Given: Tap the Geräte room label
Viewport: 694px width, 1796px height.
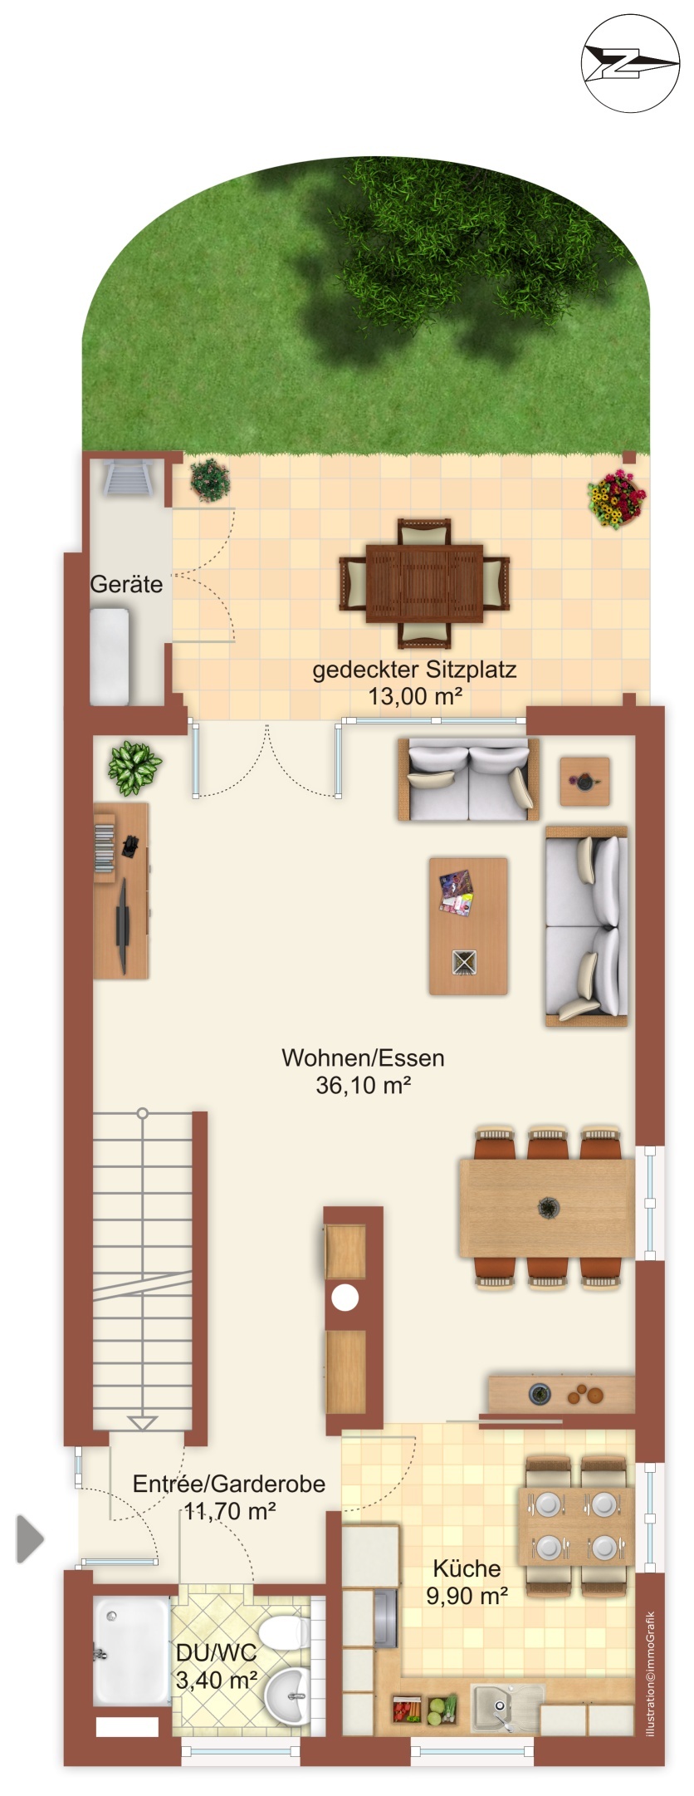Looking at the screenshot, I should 126,584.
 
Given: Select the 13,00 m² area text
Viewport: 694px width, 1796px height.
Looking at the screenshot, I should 415,696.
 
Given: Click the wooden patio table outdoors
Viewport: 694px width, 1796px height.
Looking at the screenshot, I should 424,583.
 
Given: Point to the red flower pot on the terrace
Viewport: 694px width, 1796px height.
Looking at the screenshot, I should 616,499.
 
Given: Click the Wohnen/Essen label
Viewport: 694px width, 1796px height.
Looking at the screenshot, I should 363,1057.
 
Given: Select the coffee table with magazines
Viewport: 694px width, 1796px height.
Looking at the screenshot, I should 468,925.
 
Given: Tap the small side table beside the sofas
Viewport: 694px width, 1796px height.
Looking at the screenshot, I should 584,781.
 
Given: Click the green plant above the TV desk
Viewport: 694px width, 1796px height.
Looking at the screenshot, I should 134,767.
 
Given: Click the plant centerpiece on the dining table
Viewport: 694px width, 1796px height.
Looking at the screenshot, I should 548,1206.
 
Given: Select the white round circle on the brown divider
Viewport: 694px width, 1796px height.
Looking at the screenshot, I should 345,1298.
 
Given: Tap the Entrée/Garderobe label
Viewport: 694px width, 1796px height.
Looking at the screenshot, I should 229,1484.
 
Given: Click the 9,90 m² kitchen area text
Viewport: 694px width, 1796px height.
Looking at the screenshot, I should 467,1596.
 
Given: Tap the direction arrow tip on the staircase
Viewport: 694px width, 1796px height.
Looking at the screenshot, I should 143,1423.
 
